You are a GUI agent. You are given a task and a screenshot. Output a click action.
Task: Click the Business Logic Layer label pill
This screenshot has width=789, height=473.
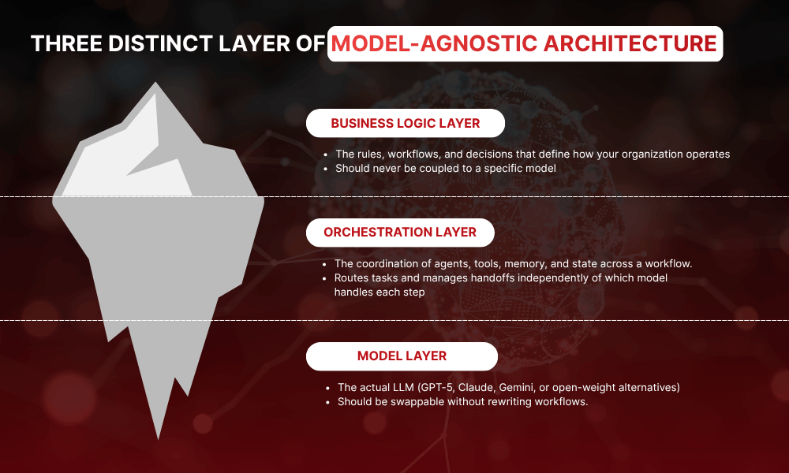[x=405, y=123]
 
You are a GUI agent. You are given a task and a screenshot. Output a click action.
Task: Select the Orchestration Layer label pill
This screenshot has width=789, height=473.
[x=400, y=232]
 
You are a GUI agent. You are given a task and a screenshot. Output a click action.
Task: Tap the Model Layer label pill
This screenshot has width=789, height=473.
[x=402, y=356]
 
